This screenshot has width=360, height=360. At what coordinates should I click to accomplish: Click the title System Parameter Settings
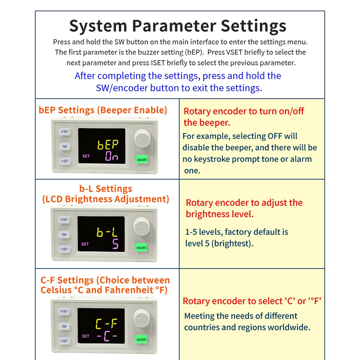coord(178,26)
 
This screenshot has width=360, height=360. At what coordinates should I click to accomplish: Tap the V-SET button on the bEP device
coord(65,131)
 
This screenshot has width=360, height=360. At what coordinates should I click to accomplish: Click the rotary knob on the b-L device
coord(141,226)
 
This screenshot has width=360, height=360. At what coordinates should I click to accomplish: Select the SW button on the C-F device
coord(64,326)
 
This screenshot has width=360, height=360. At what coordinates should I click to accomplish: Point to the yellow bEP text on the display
coord(108,145)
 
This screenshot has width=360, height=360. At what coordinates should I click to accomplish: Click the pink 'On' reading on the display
coord(112,156)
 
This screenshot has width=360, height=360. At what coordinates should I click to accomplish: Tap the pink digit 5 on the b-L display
coord(116,244)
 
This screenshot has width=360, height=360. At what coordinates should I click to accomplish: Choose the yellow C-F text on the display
coord(106,324)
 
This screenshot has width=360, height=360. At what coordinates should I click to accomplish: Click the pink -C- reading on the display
coord(107,336)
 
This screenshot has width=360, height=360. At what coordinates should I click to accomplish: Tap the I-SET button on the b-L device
coord(64,249)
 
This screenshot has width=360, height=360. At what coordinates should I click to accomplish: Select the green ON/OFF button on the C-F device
coord(141,339)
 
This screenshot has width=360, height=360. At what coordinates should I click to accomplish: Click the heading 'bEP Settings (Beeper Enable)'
coord(103,110)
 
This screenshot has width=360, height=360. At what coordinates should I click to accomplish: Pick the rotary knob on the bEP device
coord(142,138)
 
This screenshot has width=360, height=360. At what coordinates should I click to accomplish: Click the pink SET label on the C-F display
coord(86,336)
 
